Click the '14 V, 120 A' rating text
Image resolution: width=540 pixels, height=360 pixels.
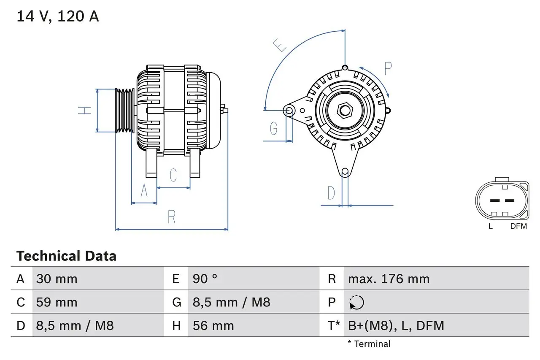[58, 16]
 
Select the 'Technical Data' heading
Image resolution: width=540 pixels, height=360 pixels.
[66, 256]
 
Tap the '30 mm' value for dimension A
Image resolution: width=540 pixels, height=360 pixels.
[57, 279]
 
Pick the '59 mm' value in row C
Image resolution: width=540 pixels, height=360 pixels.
[57, 302]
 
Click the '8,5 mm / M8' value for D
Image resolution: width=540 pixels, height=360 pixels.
[75, 325]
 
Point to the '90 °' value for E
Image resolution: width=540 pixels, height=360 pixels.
[205, 279]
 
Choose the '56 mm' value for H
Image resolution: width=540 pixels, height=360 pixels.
[213, 325]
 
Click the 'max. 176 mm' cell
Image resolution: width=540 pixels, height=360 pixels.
[389, 279]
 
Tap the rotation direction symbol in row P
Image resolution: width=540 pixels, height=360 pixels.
[356, 302]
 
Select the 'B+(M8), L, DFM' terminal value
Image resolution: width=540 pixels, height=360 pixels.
[396, 325]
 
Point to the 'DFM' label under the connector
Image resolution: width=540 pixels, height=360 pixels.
[518, 226]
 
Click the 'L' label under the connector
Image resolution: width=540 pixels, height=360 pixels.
[490, 226]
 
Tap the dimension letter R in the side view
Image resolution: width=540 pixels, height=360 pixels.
[172, 217]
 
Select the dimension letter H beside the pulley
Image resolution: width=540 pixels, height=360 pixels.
[85, 111]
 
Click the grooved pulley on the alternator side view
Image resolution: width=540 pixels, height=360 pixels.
[125, 111]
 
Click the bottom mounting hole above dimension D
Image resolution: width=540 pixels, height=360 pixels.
[345, 171]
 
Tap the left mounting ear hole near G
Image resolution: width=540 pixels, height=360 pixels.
[289, 111]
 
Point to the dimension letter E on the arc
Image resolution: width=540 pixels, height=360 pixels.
[279, 45]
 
